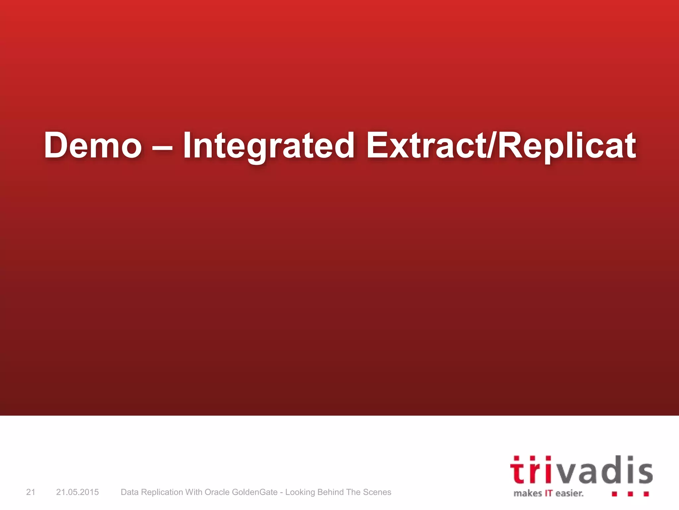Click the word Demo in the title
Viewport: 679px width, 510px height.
[93, 145]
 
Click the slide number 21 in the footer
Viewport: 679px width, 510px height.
[31, 492]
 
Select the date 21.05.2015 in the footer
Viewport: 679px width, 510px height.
[77, 492]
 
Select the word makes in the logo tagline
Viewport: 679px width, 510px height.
[527, 493]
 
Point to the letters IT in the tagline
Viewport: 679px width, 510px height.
[549, 493]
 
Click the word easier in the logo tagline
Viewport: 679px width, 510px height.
[569, 493]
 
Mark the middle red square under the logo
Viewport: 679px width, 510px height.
[630, 494]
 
